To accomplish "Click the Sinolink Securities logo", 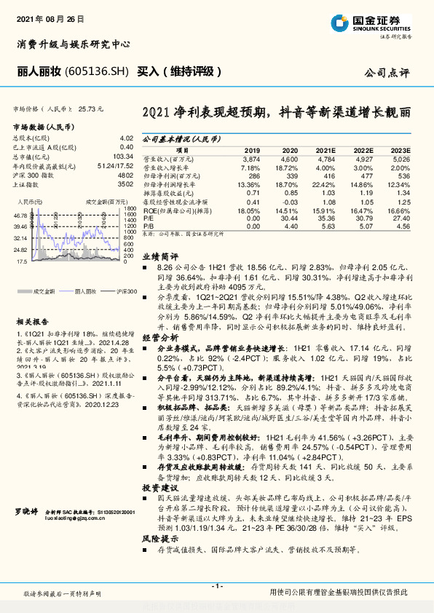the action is (369, 24).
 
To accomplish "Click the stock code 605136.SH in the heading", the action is (96, 71).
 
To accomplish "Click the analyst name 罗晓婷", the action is (26, 513).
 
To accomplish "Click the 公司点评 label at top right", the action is (387, 73).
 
